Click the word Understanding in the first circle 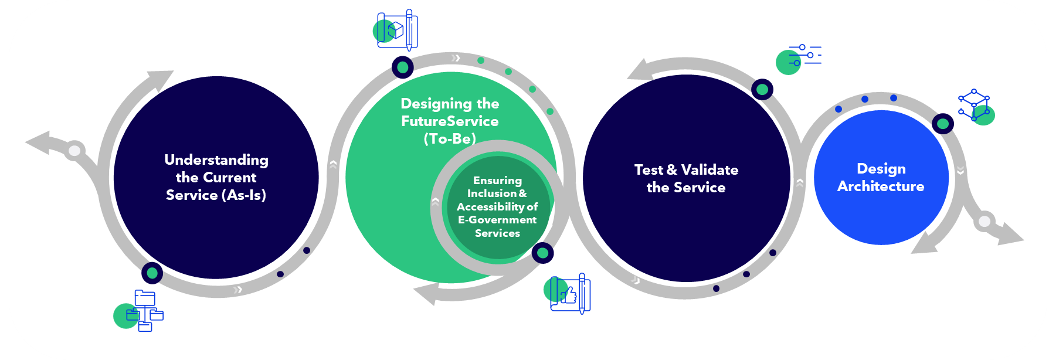216,160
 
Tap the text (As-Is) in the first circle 246,195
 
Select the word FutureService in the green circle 450,121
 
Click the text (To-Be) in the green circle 450,139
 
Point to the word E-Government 497,220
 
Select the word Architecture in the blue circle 881,186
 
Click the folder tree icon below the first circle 144,311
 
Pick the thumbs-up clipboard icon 569,293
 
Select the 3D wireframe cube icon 975,106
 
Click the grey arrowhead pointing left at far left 38,142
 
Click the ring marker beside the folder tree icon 152,273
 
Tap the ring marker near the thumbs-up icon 542,253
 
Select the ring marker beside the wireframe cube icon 943,124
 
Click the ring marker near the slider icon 762,90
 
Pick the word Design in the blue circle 881,169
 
